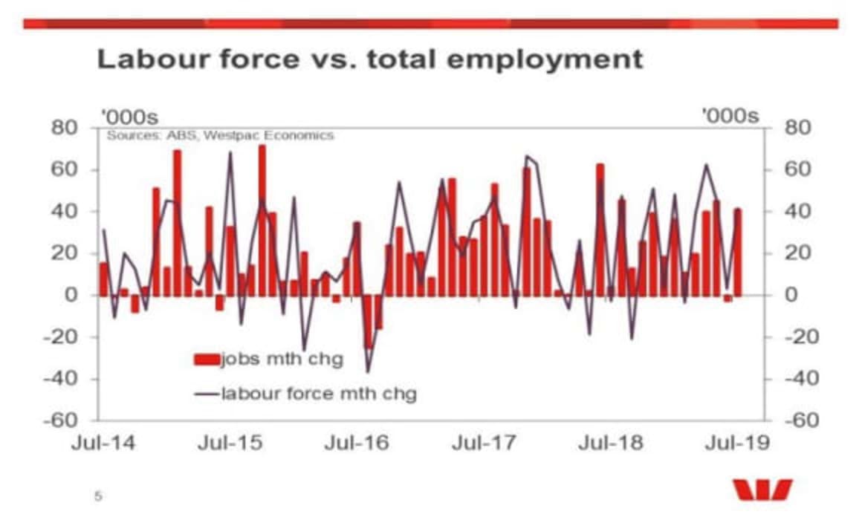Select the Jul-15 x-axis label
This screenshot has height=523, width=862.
tap(230, 444)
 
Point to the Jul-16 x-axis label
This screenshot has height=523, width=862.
tap(358, 444)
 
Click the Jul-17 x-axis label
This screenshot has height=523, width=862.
tap(485, 444)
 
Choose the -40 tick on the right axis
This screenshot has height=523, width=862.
tap(788, 379)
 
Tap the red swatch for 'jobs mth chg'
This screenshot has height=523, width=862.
tap(207, 360)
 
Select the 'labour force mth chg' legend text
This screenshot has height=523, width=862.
tap(318, 394)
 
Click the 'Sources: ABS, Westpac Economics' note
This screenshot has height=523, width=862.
tap(220, 136)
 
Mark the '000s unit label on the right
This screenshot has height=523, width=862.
tap(731, 117)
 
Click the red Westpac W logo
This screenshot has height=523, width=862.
tap(762, 490)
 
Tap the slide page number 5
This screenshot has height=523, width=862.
tap(98, 495)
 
